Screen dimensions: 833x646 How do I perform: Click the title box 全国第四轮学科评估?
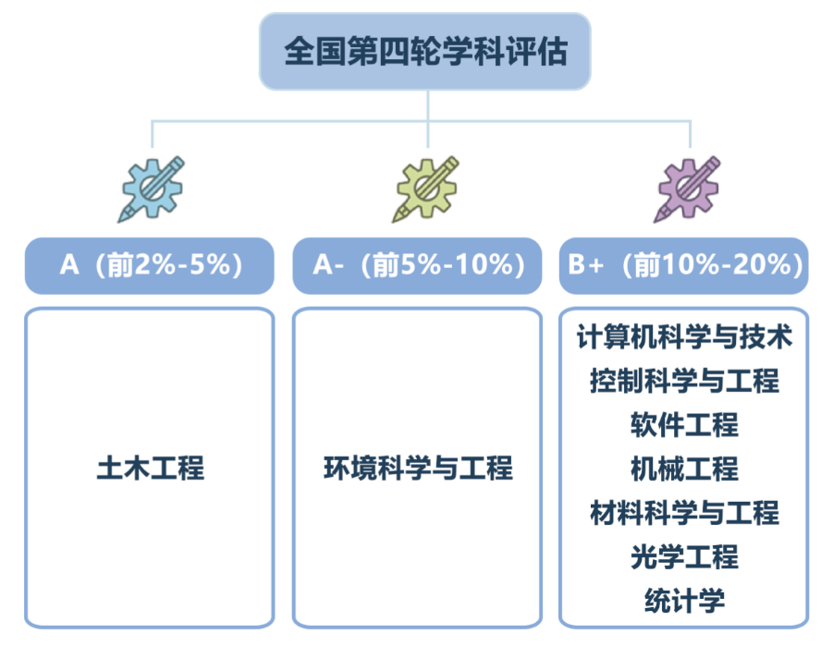(425, 52)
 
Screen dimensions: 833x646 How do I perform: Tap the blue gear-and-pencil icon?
(152, 189)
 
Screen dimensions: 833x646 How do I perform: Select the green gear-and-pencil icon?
(426, 189)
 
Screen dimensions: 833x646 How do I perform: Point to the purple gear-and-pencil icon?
(688, 189)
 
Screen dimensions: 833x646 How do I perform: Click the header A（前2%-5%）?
(149, 265)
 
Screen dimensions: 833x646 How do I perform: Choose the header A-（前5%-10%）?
(417, 265)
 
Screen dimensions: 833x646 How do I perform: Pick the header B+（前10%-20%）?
(684, 265)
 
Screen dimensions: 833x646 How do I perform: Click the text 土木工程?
(151, 468)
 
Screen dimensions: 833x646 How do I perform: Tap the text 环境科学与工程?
(418, 468)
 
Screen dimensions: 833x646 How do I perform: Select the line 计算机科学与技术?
(684, 336)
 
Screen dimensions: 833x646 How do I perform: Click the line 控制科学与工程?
(684, 381)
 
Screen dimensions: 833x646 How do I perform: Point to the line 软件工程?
(684, 425)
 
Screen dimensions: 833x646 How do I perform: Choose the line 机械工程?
(684, 469)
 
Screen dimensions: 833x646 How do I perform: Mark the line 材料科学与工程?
(684, 513)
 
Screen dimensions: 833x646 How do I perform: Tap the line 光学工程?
(684, 557)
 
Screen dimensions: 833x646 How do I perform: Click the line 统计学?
(684, 601)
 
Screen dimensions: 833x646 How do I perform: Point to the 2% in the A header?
(154, 264)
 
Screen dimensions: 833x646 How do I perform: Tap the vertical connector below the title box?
(428, 118)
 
